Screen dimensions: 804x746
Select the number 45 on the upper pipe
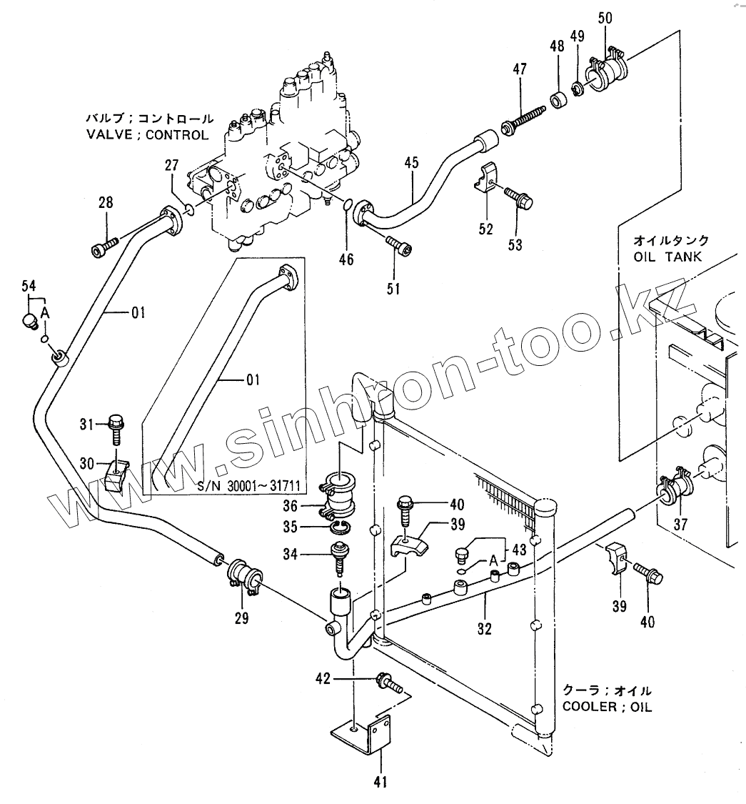coord(411,164)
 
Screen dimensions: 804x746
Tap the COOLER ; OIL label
coord(607,708)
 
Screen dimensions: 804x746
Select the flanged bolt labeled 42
coord(387,683)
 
